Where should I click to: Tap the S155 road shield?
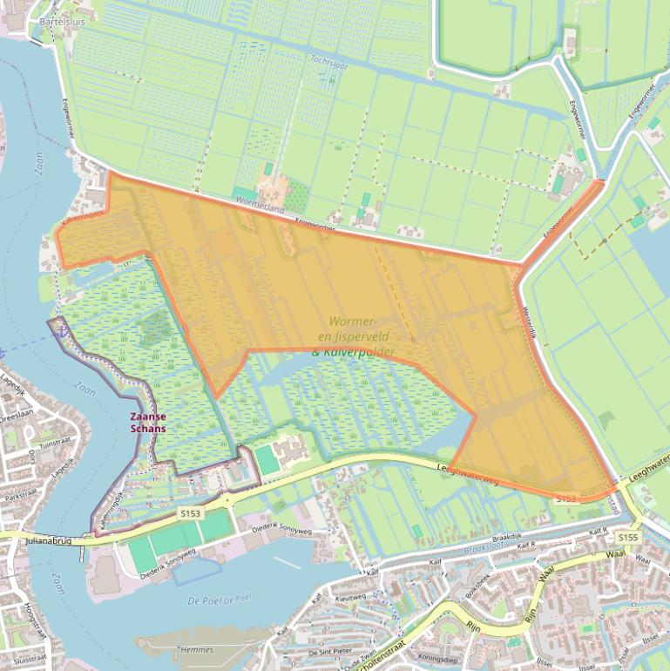pos(629,538)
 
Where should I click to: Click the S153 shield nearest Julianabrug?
pos(190,514)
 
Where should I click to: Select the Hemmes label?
pos(195,649)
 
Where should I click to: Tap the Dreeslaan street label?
pos(15,416)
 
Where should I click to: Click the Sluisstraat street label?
pos(30,661)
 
